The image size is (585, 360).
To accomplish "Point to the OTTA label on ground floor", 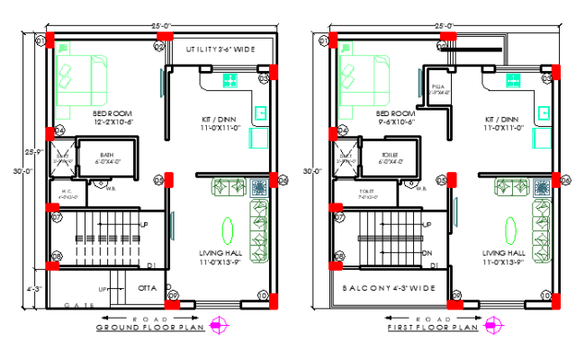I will tap(147, 288).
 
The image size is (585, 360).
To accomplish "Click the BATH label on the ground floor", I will tap(107, 154).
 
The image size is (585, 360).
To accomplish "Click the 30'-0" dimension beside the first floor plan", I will tap(312, 170).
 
